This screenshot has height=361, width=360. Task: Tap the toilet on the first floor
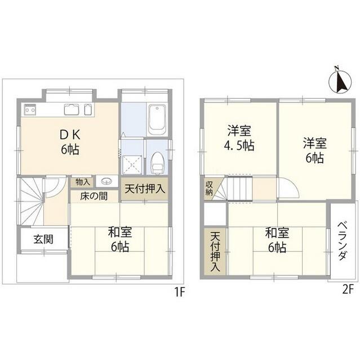tap(158, 160)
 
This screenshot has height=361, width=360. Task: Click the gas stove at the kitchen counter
tap(29, 110)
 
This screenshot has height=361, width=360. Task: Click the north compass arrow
tap(337, 81)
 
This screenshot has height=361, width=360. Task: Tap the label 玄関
tap(43, 239)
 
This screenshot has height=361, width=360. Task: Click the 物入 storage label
tap(82, 182)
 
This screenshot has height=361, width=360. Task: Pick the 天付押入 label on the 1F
tap(144, 188)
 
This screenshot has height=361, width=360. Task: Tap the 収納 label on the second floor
tap(209, 187)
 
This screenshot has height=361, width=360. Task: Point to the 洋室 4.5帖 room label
tap(240, 137)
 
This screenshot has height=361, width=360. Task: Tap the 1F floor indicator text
tap(180, 292)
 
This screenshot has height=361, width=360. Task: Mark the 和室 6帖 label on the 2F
tap(276, 239)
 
